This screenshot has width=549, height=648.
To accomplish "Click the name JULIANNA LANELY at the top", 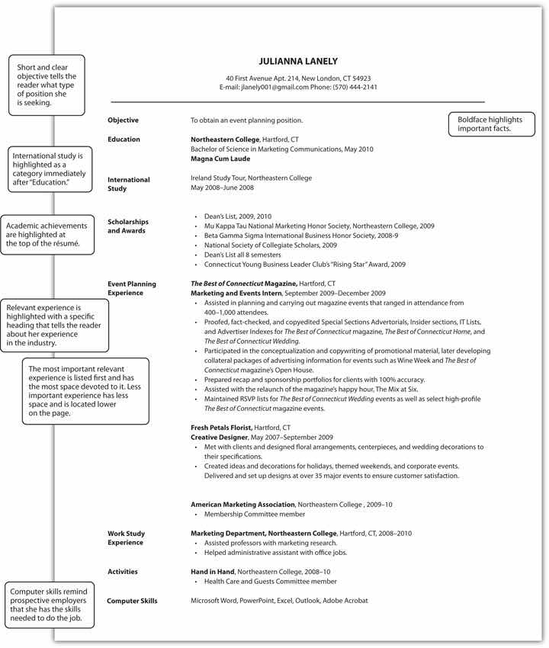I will [x=297, y=61].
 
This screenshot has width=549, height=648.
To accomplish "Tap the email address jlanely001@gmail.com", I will [x=274, y=87].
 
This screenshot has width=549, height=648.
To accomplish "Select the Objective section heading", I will [x=123, y=120].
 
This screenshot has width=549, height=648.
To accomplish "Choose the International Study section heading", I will [x=128, y=184].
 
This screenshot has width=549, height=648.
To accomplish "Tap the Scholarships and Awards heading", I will [x=127, y=226].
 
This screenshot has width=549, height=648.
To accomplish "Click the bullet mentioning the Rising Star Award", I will [x=304, y=265].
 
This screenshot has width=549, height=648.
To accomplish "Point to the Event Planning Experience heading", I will [x=131, y=288].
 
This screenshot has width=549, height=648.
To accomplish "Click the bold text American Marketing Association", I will [x=242, y=505].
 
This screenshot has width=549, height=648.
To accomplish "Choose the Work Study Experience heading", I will [x=126, y=538].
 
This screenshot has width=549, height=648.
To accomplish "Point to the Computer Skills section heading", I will [x=132, y=601].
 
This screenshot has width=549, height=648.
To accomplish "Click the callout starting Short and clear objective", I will [x=47, y=85].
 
